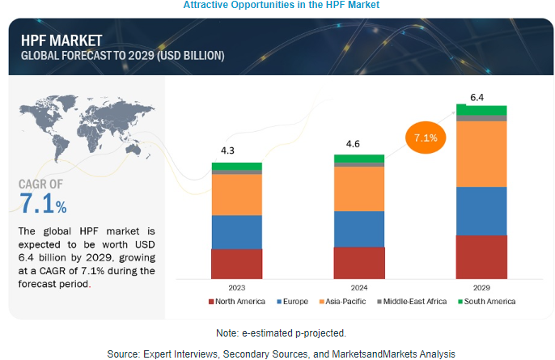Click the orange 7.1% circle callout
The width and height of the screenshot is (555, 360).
pos(425,138)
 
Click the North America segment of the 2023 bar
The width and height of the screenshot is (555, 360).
pos(236,263)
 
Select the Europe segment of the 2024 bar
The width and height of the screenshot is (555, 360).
pos(359,228)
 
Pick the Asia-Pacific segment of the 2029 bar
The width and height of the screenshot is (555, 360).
pos(481,154)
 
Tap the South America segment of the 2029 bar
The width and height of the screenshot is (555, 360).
pos(481,110)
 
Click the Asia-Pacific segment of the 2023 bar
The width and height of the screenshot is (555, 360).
pos(236,194)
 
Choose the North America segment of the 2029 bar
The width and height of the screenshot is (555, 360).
pos(481,256)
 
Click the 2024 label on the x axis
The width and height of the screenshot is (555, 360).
pos(359,287)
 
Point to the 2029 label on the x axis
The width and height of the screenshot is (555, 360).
pos(481,287)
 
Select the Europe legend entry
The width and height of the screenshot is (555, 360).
pos(294,302)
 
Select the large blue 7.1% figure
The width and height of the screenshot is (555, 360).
pos(44,204)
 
